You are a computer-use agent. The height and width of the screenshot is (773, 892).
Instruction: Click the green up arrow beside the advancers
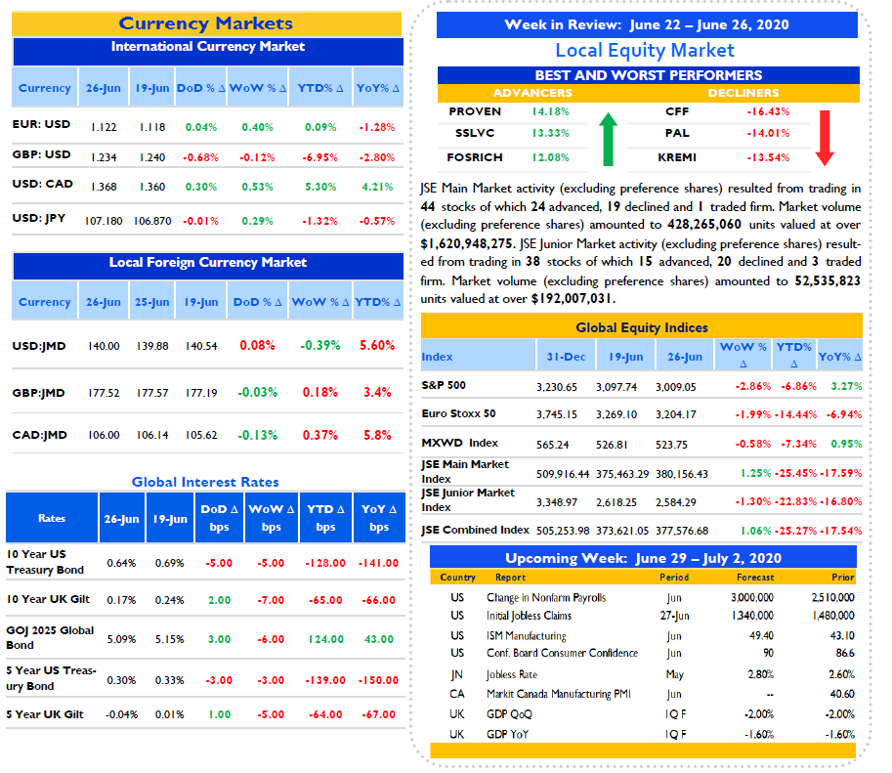[x=608, y=139]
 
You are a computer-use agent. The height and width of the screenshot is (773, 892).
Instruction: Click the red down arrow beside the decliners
[x=825, y=138]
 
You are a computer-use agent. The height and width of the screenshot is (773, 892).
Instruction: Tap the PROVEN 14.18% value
[x=550, y=111]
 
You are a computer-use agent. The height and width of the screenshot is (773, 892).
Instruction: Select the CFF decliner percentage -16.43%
[x=768, y=111]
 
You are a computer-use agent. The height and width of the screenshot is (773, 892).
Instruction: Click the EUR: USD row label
[x=42, y=124]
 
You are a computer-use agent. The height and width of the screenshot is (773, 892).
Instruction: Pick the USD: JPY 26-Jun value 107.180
[x=104, y=221]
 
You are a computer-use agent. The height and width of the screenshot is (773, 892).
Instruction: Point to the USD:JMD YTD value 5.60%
[x=377, y=345]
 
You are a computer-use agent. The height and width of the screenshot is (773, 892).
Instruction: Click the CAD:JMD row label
[x=40, y=435]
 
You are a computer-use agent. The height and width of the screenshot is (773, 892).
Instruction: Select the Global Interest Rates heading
[x=205, y=482]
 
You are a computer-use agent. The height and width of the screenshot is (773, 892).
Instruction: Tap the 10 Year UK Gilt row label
[x=48, y=599]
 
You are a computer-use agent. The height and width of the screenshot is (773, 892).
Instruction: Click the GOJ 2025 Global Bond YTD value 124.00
[x=326, y=639]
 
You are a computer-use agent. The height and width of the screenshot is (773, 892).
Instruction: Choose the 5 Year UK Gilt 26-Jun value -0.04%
[x=122, y=714]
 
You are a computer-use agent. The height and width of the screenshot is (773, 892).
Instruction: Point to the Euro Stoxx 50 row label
[x=458, y=413]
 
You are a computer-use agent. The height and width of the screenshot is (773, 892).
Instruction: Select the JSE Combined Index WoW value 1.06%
[x=755, y=531]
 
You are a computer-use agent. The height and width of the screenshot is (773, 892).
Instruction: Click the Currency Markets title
[x=205, y=23]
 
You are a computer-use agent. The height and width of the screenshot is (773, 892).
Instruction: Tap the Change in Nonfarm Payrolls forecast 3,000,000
[x=752, y=598]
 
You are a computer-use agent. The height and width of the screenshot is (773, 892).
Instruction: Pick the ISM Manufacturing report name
[x=527, y=636]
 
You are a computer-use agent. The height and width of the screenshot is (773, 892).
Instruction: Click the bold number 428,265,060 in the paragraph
[x=704, y=225]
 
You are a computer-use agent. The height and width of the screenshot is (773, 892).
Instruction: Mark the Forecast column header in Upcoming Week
[x=755, y=578]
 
